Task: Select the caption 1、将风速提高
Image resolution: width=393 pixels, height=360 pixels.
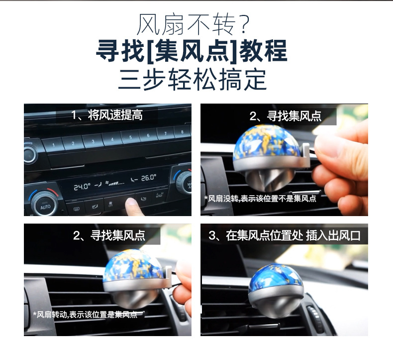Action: point(107,116)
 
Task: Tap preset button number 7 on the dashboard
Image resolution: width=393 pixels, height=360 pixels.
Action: point(165,133)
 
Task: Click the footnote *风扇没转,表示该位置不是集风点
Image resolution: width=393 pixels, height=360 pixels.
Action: point(260,199)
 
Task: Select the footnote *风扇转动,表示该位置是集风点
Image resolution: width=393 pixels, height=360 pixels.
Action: point(85,314)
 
